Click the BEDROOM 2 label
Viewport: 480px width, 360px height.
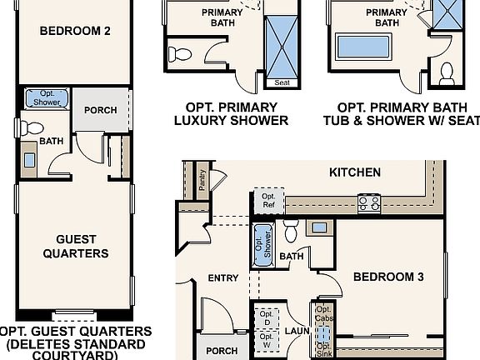(75, 32)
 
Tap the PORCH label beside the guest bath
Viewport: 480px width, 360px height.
(100, 110)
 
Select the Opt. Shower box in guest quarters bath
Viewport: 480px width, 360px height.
(41, 98)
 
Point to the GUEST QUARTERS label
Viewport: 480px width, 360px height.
(75, 246)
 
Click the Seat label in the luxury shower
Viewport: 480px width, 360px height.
(276, 82)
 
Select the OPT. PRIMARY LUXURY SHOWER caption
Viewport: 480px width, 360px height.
(230, 113)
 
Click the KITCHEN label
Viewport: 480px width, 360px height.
(355, 172)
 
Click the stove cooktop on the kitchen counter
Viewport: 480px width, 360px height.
(369, 201)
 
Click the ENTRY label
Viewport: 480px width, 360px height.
(223, 278)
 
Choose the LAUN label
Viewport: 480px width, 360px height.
(297, 331)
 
